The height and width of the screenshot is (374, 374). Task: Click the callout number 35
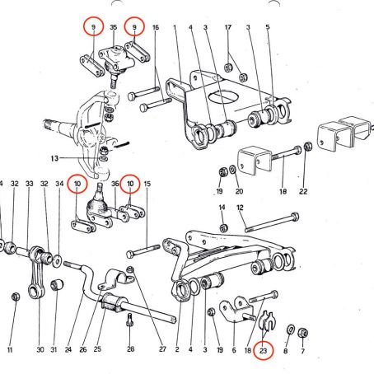tap(113, 27)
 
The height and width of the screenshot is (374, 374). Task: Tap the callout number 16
tap(156, 27)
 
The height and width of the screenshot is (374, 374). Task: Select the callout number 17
tap(228, 27)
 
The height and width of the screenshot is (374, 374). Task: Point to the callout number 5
tap(268, 27)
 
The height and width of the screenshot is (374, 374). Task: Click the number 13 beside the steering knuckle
tap(54, 158)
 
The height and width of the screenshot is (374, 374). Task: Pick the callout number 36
tap(115, 184)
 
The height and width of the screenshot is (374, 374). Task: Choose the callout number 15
tap(147, 184)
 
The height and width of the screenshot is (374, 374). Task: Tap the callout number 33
tap(29, 184)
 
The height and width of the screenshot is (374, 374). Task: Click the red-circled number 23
tap(263, 350)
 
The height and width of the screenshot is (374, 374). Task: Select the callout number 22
tap(303, 191)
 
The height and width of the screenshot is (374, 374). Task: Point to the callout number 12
tap(240, 208)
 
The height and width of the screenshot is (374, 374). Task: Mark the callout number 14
tap(222, 208)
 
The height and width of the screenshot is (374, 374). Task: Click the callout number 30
tap(40, 349)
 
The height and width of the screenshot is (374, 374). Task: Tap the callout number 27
tap(162, 349)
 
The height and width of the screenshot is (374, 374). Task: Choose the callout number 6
tap(234, 350)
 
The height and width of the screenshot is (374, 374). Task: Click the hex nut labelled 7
tap(302, 333)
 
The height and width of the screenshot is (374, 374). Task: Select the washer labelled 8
tap(291, 329)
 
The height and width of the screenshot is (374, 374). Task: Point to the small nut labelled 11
tap(16, 297)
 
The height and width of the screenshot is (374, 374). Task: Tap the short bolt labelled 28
tap(130, 320)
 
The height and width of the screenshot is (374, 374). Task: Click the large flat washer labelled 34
tap(58, 261)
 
